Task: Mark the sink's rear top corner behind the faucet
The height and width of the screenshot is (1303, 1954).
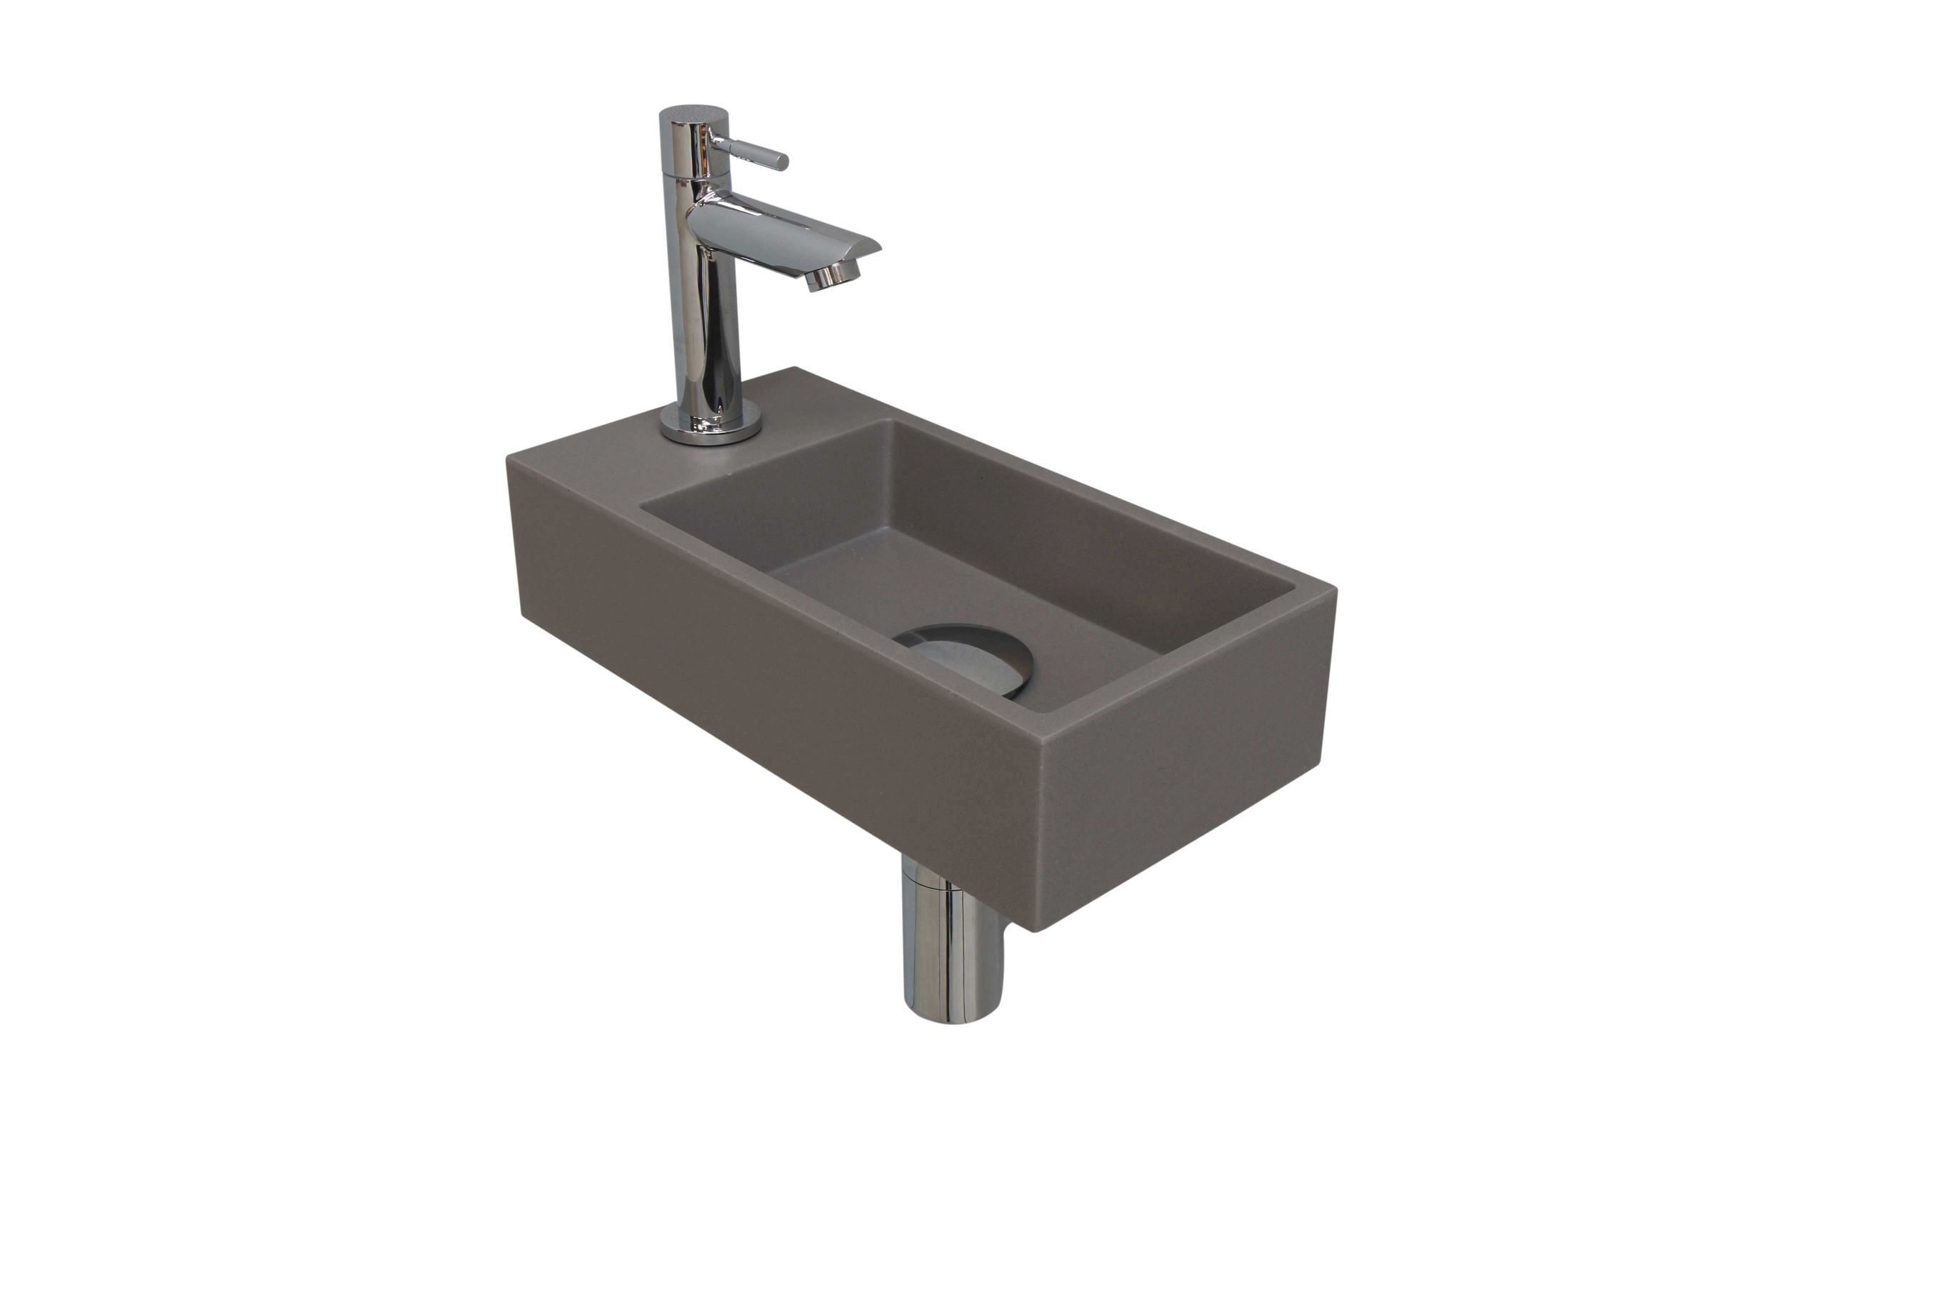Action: tap(796, 368)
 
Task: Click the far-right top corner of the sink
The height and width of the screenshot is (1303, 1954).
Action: tap(1334, 589)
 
